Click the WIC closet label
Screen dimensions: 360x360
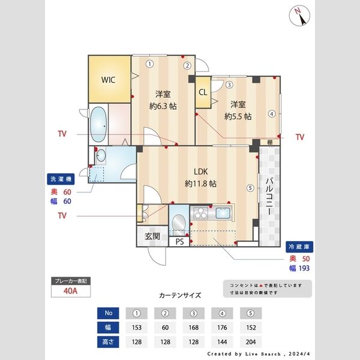coord(108,79)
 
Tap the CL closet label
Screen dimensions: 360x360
coord(203,92)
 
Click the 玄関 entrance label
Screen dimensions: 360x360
coord(152,236)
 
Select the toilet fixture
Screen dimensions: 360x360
coord(178,223)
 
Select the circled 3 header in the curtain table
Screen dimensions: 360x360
coord(194,313)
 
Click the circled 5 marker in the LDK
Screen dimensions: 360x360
coord(249,187)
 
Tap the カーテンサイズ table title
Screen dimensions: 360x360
coord(180,296)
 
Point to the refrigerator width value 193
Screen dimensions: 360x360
coord(304,268)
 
